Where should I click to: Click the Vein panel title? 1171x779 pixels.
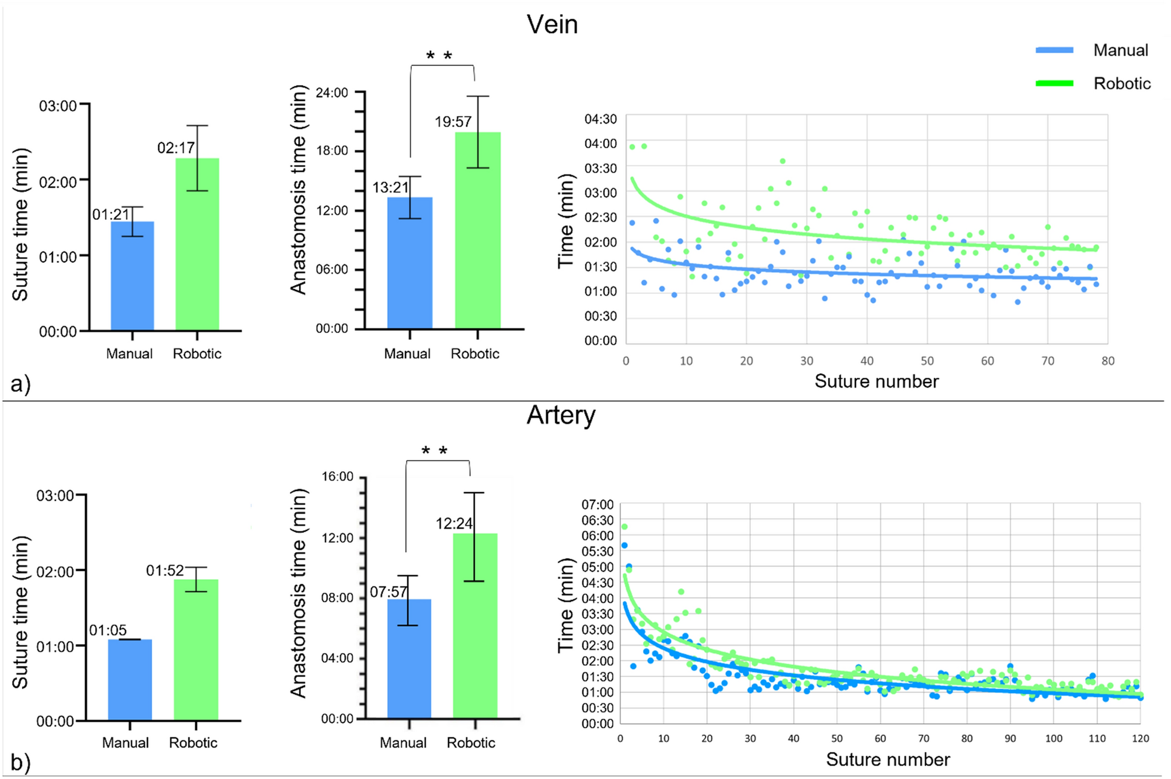click(552, 25)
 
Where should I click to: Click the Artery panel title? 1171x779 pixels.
click(561, 416)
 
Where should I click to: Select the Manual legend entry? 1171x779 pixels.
click(1120, 51)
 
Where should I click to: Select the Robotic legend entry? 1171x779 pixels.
click(1121, 84)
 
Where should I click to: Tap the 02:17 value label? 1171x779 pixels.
click(176, 148)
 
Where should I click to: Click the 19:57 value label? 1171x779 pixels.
click(453, 122)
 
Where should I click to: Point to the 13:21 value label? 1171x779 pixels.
click(390, 188)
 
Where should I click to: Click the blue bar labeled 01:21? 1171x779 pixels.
click(132, 277)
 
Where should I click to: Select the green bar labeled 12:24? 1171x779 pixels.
click(475, 627)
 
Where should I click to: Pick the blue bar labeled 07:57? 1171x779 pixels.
click(409, 659)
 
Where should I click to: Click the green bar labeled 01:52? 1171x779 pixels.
click(196, 650)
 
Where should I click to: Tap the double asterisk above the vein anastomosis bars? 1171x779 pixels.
click(439, 57)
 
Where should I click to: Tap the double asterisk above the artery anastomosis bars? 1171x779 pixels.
click(435, 451)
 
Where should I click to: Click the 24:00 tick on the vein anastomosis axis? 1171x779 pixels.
click(331, 93)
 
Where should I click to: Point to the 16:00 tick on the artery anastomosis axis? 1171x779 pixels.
click(337, 477)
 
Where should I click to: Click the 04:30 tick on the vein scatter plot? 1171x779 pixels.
click(600, 120)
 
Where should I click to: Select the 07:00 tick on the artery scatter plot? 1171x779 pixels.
click(597, 505)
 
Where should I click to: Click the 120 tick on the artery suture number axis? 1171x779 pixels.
click(1140, 739)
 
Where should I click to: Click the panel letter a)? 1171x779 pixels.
click(20, 384)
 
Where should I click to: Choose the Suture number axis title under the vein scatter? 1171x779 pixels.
click(876, 381)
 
